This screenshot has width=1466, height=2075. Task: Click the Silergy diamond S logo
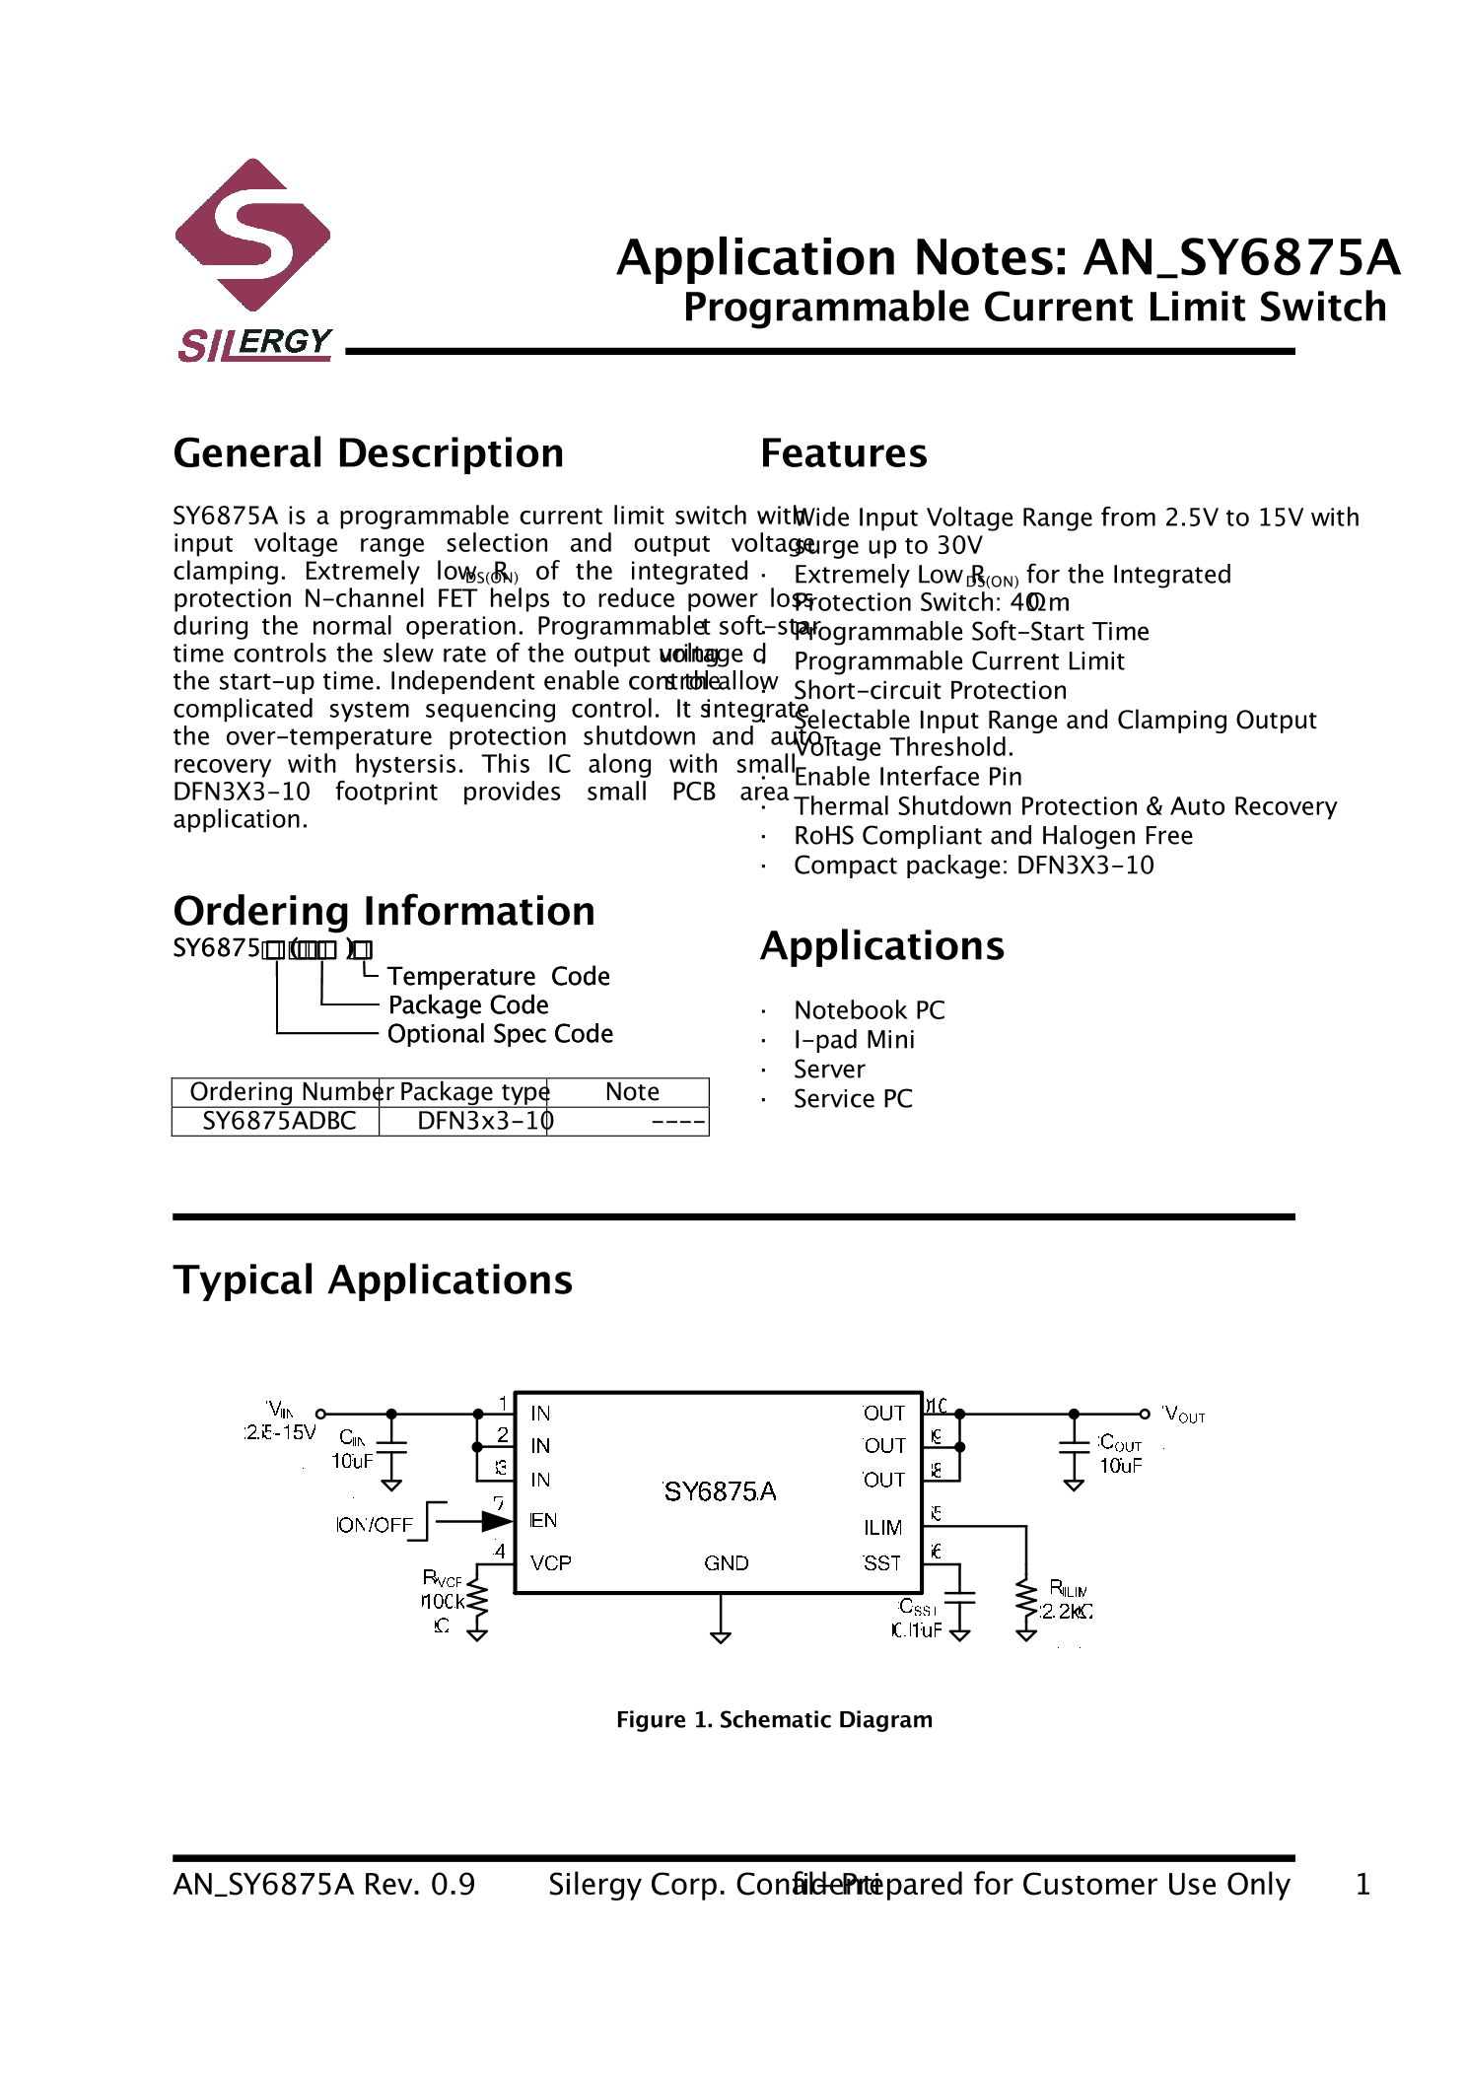pyautogui.click(x=252, y=236)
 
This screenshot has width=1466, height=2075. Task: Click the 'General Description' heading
pyautogui.click(x=368, y=453)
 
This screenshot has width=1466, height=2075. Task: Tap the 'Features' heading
pyautogui.click(x=843, y=453)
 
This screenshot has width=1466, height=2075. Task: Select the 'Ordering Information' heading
pyautogui.click(x=384, y=911)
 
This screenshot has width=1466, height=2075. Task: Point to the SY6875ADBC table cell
pyautogui.click(x=279, y=1121)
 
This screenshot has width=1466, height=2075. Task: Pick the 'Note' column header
pyautogui.click(x=632, y=1091)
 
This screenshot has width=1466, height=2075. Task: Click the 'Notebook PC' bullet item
pyautogui.click(x=869, y=1010)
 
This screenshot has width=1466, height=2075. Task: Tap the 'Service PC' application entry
pyautogui.click(x=853, y=1099)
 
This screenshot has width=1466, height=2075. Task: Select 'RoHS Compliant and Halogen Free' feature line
pyautogui.click(x=993, y=836)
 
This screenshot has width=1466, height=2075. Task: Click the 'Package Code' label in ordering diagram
pyautogui.click(x=468, y=1005)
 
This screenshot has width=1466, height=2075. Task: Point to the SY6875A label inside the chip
pyautogui.click(x=720, y=1491)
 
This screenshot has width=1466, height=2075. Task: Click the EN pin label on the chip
pyautogui.click(x=543, y=1520)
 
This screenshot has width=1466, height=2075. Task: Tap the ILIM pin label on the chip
pyautogui.click(x=882, y=1527)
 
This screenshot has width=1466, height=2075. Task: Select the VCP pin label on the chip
pyautogui.click(x=550, y=1562)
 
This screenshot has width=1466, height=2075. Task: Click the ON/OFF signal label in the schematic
pyautogui.click(x=375, y=1525)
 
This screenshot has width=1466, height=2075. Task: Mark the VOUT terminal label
pyautogui.click(x=1184, y=1415)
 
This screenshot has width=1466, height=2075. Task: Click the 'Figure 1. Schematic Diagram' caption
pyautogui.click(x=774, y=1719)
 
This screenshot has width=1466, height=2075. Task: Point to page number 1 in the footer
pyautogui.click(x=1362, y=1885)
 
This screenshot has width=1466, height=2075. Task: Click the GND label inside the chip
pyautogui.click(x=726, y=1562)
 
